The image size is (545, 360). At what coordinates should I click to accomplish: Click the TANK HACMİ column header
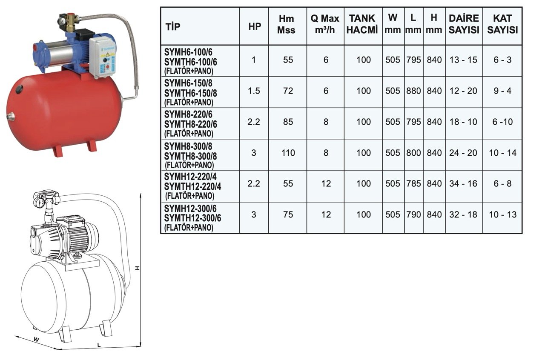click(362, 24)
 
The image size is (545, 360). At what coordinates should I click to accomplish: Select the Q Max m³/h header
click(325, 24)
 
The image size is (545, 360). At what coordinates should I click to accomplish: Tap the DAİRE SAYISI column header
click(464, 24)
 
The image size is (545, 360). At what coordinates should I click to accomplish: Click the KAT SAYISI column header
click(502, 24)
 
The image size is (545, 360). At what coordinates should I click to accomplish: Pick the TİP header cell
click(173, 26)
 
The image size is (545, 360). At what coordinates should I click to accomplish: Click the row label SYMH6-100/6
click(188, 52)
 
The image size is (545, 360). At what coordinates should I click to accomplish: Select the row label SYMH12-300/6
click(190, 209)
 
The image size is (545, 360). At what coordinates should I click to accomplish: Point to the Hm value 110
click(288, 153)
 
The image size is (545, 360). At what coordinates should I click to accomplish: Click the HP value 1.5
click(254, 91)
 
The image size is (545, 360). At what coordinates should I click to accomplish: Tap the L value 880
click(413, 91)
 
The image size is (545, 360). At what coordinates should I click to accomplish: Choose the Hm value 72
click(288, 91)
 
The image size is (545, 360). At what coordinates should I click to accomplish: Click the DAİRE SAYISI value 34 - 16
click(463, 183)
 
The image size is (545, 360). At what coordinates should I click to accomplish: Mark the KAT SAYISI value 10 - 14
click(503, 153)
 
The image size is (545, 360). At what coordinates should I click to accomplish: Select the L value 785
click(413, 183)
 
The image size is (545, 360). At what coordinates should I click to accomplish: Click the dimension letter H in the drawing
click(138, 268)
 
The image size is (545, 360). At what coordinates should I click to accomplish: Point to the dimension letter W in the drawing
click(36, 340)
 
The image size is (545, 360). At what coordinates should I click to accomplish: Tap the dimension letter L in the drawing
click(98, 345)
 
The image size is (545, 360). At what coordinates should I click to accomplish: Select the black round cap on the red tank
click(19, 89)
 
